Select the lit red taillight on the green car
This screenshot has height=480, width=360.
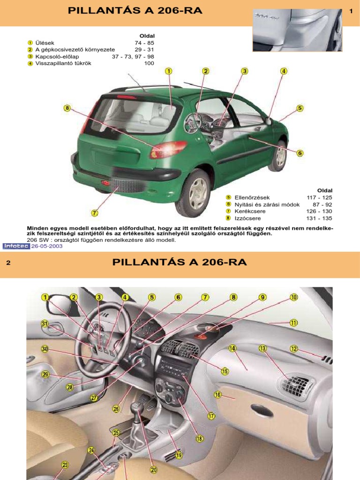point(167,150)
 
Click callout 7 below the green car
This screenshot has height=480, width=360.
point(94,213)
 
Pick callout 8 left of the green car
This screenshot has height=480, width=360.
point(67,108)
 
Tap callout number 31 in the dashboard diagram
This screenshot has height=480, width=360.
point(45,323)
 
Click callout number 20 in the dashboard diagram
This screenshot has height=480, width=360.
point(154,469)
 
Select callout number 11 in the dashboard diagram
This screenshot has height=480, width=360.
point(293,322)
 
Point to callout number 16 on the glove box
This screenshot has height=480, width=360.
point(217,395)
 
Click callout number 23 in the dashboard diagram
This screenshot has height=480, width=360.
point(65,465)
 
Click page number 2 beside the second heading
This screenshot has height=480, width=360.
point(8,262)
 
